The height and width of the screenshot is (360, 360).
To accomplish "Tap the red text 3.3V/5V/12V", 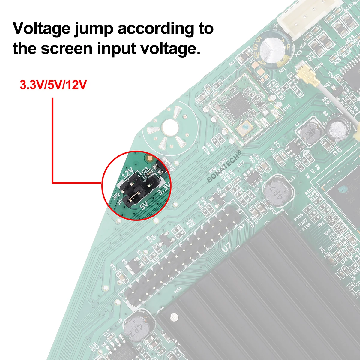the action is [53, 85].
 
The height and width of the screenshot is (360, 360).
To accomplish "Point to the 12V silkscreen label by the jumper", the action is [128, 173].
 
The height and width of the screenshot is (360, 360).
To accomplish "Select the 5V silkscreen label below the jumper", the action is [144, 205].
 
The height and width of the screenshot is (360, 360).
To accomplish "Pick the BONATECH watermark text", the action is [223, 166].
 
